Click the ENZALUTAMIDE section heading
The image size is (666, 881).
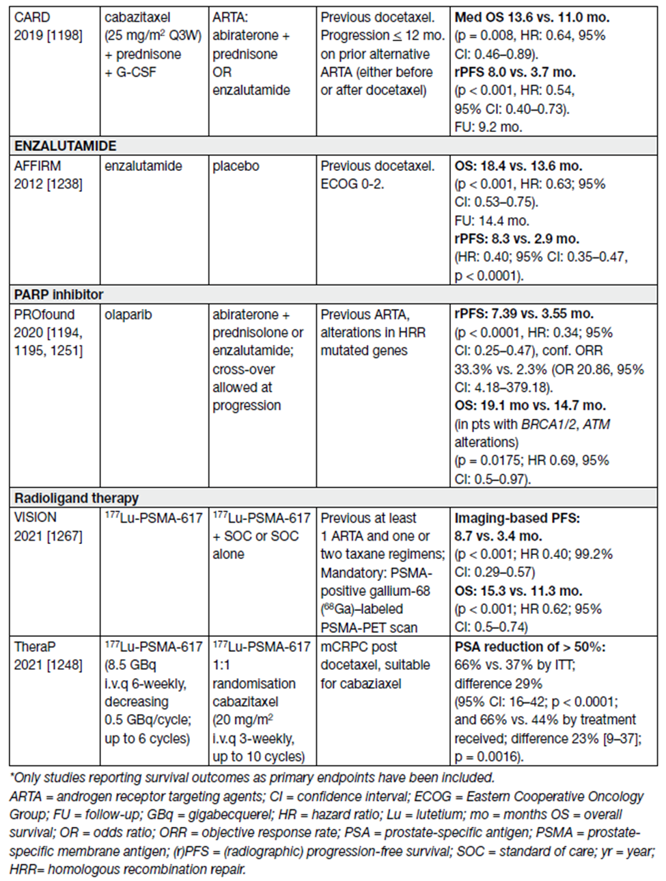click(x=65, y=146)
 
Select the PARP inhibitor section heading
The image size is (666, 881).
click(x=59, y=295)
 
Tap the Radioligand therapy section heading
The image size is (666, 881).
click(x=76, y=498)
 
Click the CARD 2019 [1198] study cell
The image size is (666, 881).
click(x=48, y=26)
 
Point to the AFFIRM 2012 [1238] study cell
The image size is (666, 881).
click(x=48, y=175)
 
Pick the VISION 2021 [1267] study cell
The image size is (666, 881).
click(x=48, y=527)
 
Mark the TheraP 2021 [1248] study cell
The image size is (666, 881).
click(x=48, y=655)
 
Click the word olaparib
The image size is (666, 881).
click(x=128, y=314)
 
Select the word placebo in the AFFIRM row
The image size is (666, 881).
click(x=236, y=166)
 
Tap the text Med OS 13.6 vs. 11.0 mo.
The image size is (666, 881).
click(x=532, y=17)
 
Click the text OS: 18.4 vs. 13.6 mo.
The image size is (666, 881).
click(x=518, y=166)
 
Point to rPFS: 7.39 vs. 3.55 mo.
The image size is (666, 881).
click(x=524, y=314)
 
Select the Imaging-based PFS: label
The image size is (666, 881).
click(x=517, y=518)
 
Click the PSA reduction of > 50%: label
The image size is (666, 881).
click(x=529, y=647)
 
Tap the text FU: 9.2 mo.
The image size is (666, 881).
click(x=488, y=127)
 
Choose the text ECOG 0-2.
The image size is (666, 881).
click(x=352, y=185)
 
